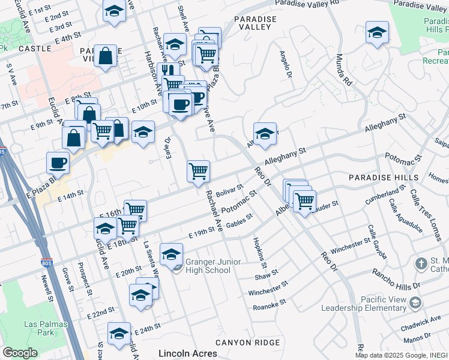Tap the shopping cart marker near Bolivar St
pos(198,172)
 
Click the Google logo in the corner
pos(20,353)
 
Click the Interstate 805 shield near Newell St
pos(47,263)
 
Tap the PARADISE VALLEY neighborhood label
pos(256,23)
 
